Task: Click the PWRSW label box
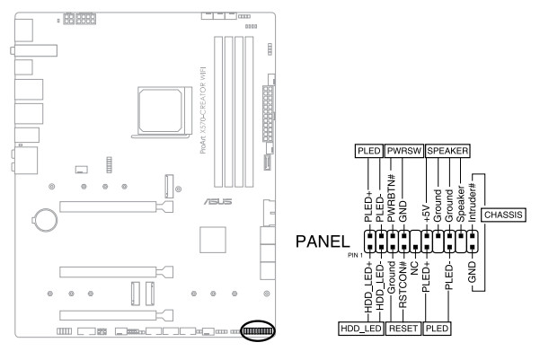[x=404, y=151]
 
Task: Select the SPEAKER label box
[x=447, y=151]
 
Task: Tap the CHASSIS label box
[x=503, y=215]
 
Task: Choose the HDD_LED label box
[x=361, y=329]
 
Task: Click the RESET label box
[x=403, y=329]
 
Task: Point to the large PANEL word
[x=323, y=241]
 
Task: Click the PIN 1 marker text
[x=355, y=255]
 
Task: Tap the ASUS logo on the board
[x=217, y=201]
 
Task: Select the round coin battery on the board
[x=45, y=220]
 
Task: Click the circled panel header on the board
[x=258, y=330]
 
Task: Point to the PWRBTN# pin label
[x=392, y=198]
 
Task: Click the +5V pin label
[x=427, y=214]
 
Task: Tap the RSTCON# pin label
[x=403, y=285]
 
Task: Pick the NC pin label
[x=414, y=268]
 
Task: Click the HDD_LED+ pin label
[x=368, y=287]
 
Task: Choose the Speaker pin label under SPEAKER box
[x=460, y=204]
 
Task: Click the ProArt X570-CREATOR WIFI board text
[x=203, y=110]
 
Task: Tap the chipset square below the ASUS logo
[x=213, y=240]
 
